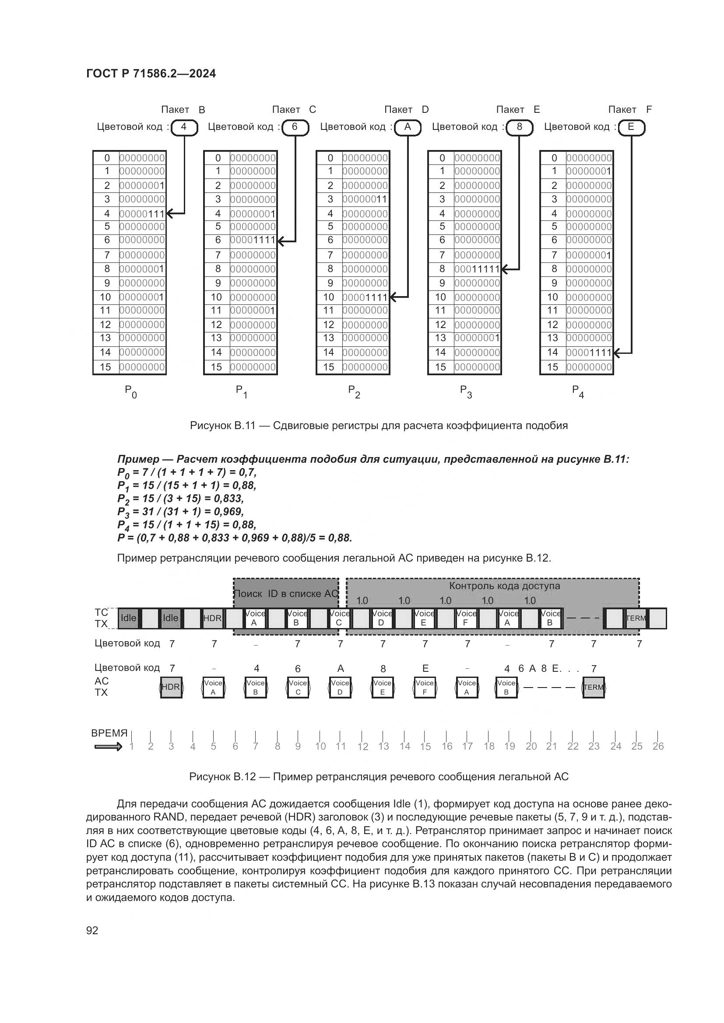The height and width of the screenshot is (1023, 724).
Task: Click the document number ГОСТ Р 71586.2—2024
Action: [x=151, y=74]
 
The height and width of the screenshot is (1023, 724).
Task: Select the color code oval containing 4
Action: [x=183, y=127]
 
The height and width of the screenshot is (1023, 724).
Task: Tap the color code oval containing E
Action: [x=631, y=127]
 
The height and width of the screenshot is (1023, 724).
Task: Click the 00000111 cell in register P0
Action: [x=142, y=214]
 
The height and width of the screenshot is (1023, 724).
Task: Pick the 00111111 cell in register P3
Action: [x=477, y=269]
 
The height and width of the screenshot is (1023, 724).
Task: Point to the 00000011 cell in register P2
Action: [x=365, y=199]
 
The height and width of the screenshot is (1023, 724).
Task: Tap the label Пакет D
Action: [x=406, y=110]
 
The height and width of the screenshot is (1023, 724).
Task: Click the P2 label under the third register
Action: [x=354, y=391]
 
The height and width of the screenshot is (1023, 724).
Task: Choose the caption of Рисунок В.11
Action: [x=379, y=426]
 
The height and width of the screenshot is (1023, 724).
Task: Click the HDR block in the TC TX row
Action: [x=212, y=618]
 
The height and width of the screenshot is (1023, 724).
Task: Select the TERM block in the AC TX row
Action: [x=594, y=687]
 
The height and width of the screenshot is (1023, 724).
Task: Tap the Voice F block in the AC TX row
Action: [x=425, y=687]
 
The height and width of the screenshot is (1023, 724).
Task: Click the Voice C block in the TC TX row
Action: [x=340, y=618]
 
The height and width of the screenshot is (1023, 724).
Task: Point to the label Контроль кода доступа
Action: [x=504, y=586]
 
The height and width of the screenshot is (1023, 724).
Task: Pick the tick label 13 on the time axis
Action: [x=383, y=746]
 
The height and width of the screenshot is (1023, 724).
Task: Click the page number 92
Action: [x=92, y=930]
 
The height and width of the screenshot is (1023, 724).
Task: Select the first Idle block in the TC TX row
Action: [x=128, y=618]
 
